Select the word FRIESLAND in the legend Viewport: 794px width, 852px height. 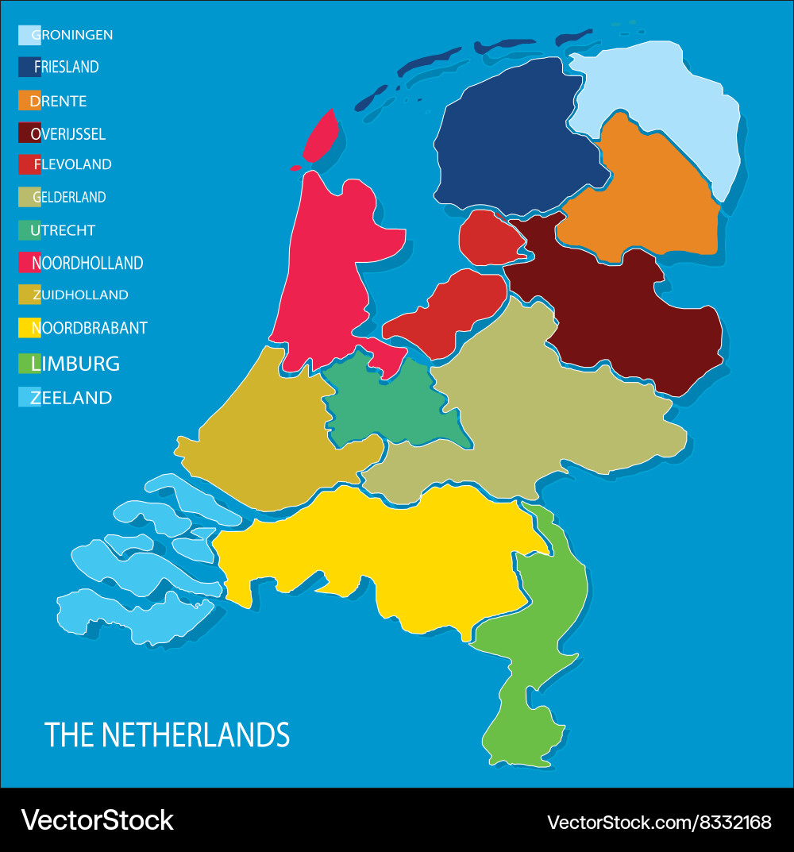tap(67, 67)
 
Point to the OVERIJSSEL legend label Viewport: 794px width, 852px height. tap(67, 134)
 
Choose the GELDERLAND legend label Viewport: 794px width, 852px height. tap(69, 197)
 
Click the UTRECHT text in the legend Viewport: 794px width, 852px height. tap(63, 230)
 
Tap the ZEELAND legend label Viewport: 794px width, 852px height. tap(71, 398)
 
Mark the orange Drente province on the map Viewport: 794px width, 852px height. tap(643, 199)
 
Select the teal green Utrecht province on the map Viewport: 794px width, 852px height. tap(381, 405)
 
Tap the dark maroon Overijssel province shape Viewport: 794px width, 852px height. tap(627, 318)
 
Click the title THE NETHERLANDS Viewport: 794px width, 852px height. tap(167, 735)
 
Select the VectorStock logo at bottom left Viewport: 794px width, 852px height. tap(97, 820)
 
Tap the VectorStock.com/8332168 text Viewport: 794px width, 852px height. tap(659, 822)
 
